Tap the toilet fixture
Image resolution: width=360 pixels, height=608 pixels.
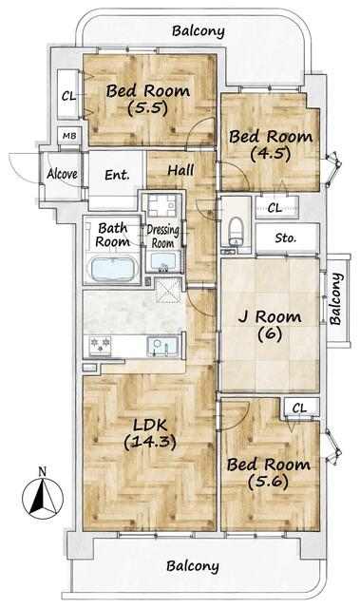tap(236, 232)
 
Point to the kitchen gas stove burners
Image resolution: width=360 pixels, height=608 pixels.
tap(101, 345)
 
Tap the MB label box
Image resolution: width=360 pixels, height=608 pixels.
tap(69, 136)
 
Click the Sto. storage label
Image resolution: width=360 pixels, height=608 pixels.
tap(286, 237)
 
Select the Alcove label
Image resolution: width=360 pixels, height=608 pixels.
tap(62, 174)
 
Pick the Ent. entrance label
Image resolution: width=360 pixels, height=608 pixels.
tap(117, 175)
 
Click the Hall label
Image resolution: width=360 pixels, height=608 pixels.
tap(181, 170)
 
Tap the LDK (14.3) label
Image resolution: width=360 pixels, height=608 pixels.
tap(150, 433)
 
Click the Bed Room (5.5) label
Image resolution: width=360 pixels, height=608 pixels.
tap(148, 99)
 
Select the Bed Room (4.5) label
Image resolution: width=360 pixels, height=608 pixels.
tap(271, 145)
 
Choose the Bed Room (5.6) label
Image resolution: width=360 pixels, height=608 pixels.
tap(268, 473)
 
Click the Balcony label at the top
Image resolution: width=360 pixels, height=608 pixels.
tap(198, 31)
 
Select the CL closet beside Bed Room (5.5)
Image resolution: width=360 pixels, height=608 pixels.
tap(69, 95)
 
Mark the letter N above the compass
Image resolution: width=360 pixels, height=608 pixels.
tap(43, 472)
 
